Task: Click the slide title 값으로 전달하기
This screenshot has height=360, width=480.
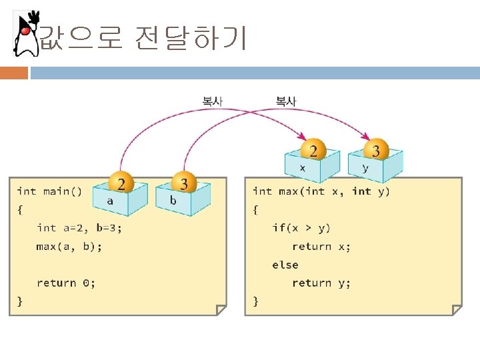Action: [x=143, y=39]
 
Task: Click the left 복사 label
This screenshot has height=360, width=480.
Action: [x=213, y=101]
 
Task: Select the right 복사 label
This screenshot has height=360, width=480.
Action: [x=286, y=101]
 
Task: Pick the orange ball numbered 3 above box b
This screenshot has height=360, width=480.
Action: [x=184, y=182]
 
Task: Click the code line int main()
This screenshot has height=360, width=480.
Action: [x=49, y=192]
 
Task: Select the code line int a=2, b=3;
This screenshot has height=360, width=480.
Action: [x=79, y=228]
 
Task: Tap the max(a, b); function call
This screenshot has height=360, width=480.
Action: [x=69, y=247]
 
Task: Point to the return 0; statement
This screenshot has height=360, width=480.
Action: [x=66, y=283]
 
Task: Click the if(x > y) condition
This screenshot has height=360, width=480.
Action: [x=301, y=228]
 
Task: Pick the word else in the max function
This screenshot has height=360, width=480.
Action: [x=285, y=265]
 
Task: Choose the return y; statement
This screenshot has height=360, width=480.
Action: [x=321, y=283]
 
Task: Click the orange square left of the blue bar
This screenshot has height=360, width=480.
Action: [x=14, y=73]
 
